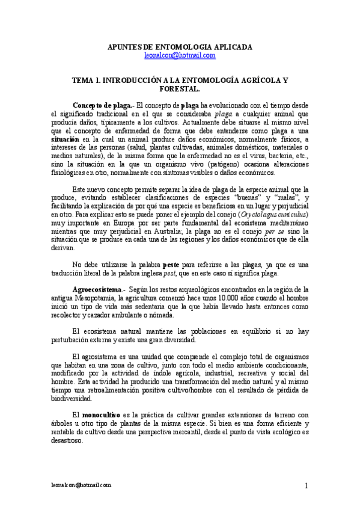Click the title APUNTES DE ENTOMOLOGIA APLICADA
click(x=180, y=46)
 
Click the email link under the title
click(x=180, y=55)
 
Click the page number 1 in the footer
click(x=306, y=486)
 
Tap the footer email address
click(x=81, y=485)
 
